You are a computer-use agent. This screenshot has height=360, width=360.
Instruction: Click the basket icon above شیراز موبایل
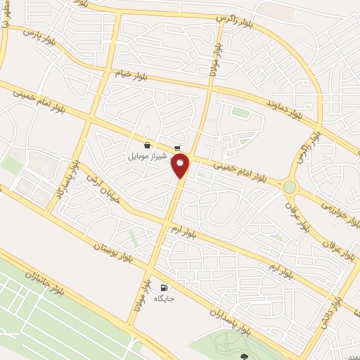tap(146, 145)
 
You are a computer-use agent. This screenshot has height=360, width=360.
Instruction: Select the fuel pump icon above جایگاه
tap(164, 287)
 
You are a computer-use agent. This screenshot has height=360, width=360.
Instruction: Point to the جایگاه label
tap(164, 298)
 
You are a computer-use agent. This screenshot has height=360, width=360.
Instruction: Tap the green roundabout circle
tap(289, 186)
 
